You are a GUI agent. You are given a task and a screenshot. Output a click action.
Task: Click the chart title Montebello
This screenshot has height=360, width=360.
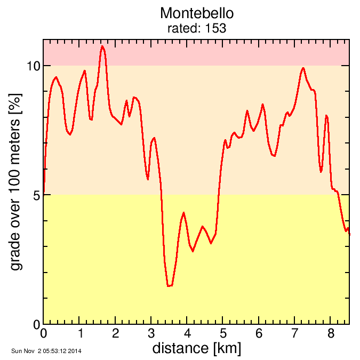(x=197, y=13)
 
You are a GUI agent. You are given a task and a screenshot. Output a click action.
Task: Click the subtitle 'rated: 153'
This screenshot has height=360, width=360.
(x=197, y=28)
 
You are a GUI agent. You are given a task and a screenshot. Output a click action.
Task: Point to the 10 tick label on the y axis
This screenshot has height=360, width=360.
(x=33, y=66)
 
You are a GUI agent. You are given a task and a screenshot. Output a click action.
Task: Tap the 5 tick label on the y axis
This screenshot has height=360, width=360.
(x=36, y=195)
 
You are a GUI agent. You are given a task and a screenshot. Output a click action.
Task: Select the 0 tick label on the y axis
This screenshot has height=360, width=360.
(x=36, y=324)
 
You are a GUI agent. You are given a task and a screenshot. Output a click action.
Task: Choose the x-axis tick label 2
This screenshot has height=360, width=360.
(x=116, y=334)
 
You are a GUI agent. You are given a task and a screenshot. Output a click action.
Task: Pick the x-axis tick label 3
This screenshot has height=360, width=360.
(x=151, y=334)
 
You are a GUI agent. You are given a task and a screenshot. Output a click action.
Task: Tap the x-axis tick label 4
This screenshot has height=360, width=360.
(x=187, y=334)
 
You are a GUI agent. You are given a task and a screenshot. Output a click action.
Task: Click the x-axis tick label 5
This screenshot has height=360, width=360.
(x=223, y=334)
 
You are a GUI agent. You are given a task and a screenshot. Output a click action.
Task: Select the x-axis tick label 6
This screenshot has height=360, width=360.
(x=259, y=334)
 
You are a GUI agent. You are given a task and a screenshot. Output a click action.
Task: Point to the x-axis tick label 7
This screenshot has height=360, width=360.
(x=295, y=334)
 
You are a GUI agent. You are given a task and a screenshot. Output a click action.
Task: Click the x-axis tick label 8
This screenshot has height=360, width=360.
(x=331, y=334)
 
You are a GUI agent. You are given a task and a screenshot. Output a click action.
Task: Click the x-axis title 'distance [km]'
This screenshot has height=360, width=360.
(x=196, y=348)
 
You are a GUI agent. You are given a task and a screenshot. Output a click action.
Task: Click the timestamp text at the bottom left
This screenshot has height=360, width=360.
(x=46, y=351)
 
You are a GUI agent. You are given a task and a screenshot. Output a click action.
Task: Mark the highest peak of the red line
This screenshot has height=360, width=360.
(x=102, y=46)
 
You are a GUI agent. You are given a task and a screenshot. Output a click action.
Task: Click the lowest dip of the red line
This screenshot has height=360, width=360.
(x=169, y=286)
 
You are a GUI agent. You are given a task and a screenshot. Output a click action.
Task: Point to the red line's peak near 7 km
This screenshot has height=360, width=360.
(x=303, y=68)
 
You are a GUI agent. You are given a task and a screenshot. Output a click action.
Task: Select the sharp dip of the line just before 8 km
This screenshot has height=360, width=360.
(x=321, y=172)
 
